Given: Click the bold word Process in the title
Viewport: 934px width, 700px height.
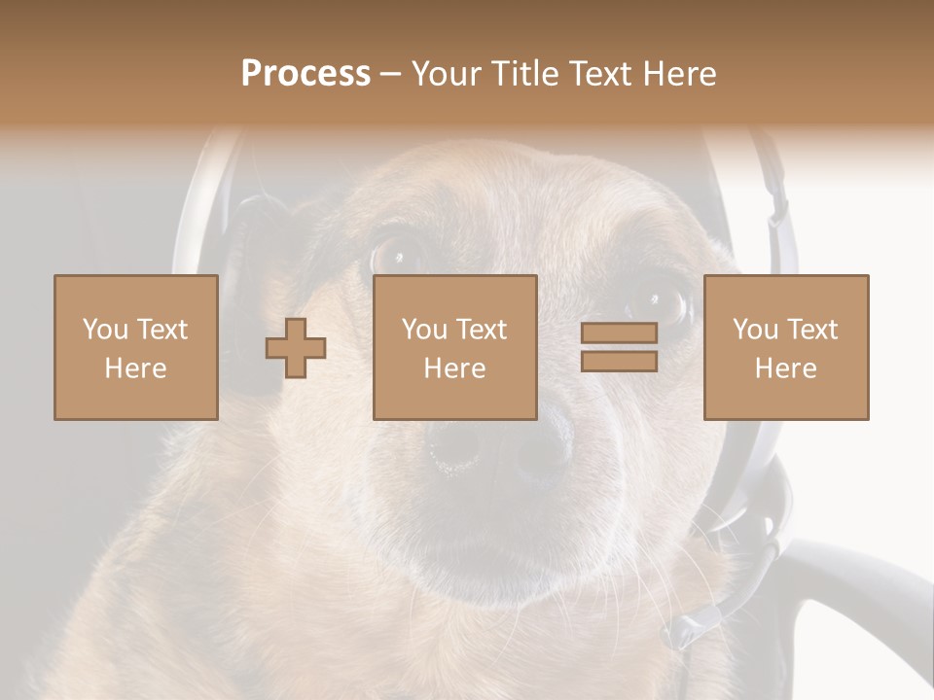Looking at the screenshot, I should pos(305,74).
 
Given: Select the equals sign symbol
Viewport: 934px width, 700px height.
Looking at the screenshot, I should pos(619,347).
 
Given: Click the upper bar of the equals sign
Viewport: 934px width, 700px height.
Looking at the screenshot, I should pos(619,333).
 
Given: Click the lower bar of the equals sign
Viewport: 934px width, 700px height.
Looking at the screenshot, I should pos(619,362).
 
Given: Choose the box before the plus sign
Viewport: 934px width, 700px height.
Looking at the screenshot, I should pos(135,347).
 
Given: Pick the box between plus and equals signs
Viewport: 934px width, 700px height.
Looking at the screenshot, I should pos(454,347).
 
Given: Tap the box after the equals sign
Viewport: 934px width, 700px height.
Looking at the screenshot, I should pos(785,347).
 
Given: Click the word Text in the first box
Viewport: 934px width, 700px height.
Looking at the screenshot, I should pos(162,330).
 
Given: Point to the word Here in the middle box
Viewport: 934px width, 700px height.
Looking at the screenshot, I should pos(454,368).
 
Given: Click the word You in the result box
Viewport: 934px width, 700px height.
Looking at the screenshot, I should pos(754,330).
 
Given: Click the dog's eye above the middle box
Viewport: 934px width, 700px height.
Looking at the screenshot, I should pos(399,255).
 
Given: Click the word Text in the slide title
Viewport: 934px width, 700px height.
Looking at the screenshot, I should pos(595,74).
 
